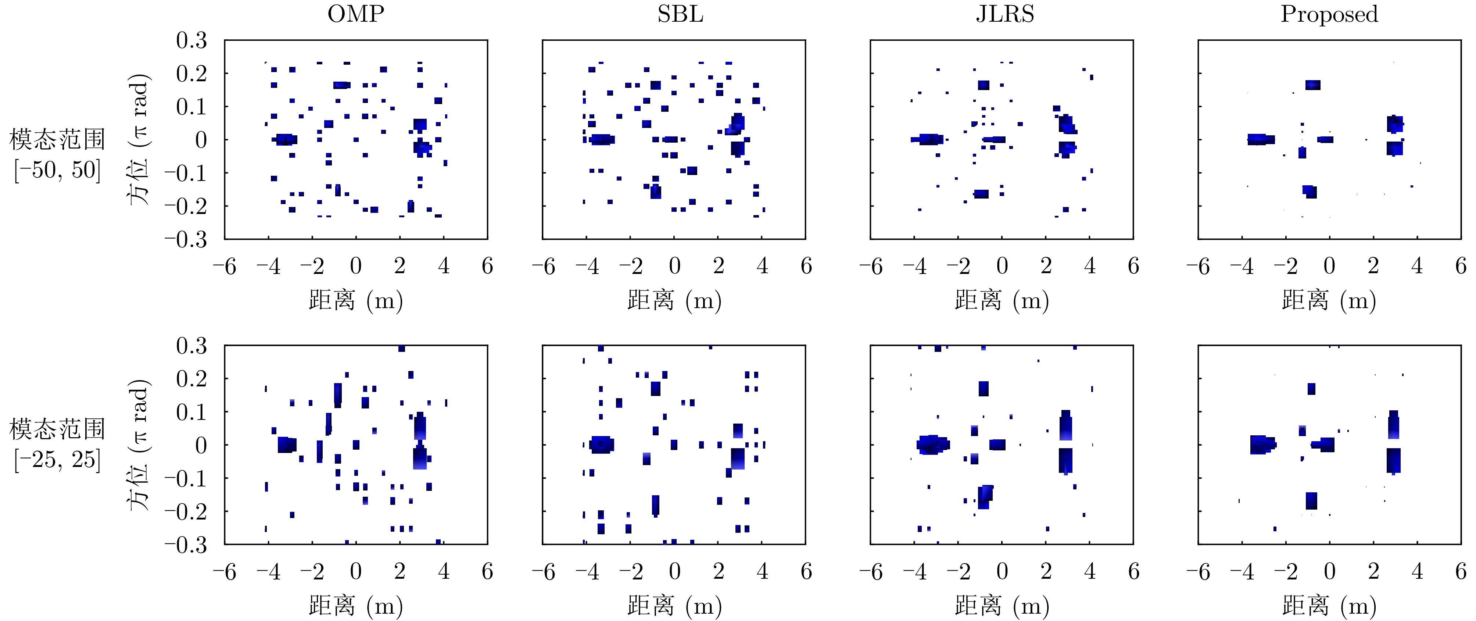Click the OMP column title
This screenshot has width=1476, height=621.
pos(355,14)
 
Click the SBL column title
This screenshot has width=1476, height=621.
pos(680,14)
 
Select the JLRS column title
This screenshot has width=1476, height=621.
pos(1005,14)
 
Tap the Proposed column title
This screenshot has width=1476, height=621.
pos(1329,14)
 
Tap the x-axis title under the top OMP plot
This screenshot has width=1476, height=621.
pos(355,300)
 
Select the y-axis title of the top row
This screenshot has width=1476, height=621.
pos(138,139)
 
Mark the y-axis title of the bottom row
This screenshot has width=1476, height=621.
pos(138,445)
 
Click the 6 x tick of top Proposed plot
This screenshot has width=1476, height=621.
pos(1461,266)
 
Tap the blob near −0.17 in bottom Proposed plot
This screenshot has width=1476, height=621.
pos(1311,500)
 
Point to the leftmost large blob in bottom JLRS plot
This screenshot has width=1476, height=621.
pos(933,445)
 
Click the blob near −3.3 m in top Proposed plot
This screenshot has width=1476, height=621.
pos(1261,139)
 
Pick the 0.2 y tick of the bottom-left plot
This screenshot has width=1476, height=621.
pos(191,378)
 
